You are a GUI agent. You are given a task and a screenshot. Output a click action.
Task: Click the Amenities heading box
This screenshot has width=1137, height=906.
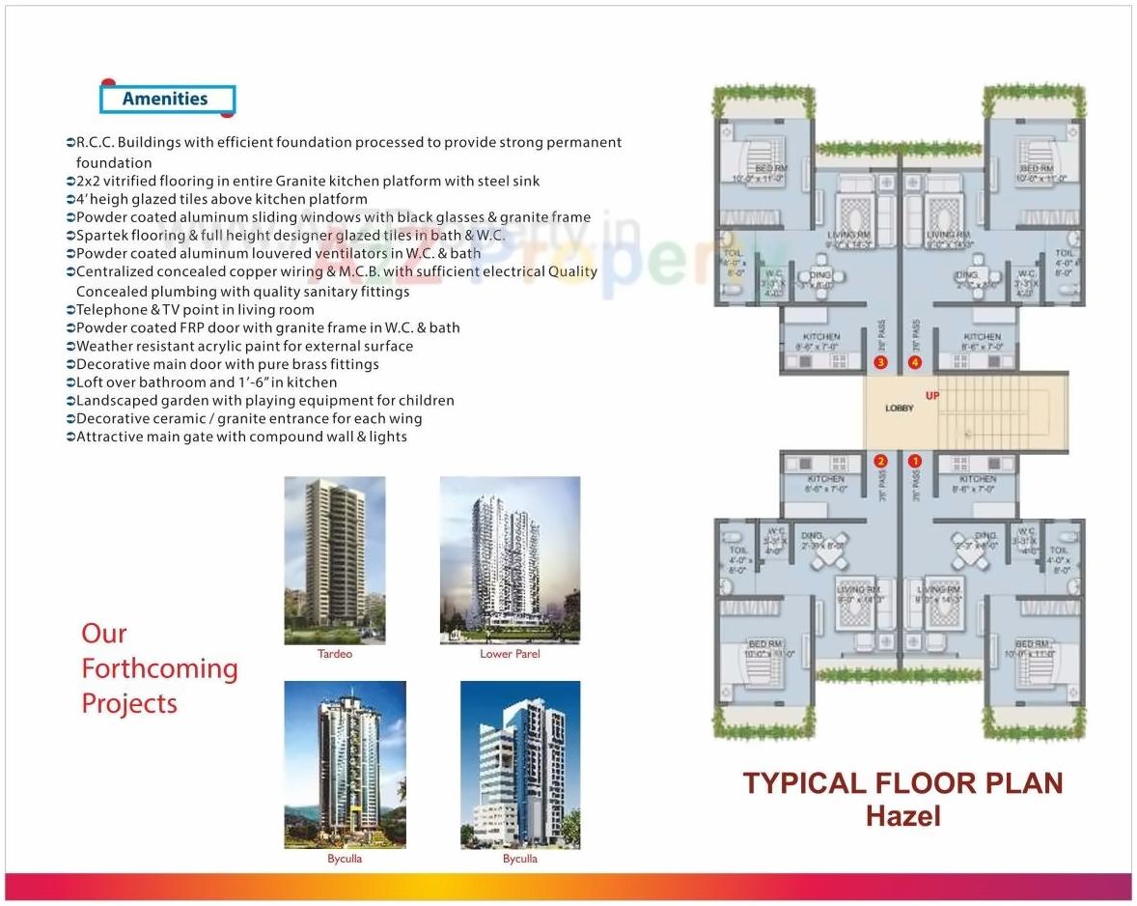click(x=167, y=99)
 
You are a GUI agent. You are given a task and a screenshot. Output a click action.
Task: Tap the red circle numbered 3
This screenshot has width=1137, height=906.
click(x=879, y=362)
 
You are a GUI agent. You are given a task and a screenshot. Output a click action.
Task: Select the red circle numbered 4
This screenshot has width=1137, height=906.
click(x=915, y=362)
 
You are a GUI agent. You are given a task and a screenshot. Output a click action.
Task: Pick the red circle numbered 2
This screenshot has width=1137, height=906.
click(x=880, y=462)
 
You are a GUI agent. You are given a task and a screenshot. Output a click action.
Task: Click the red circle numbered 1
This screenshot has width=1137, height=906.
click(x=914, y=462)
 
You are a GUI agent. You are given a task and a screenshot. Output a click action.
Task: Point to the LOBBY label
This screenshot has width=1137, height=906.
click(x=899, y=409)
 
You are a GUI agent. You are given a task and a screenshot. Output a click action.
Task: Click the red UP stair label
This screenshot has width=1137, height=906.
click(x=931, y=395)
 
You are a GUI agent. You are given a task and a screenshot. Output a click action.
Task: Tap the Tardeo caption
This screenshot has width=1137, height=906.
click(x=335, y=654)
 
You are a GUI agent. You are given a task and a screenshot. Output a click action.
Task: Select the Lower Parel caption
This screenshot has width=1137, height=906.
click(x=510, y=654)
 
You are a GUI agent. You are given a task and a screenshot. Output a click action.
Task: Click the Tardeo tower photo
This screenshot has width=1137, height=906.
click(x=334, y=560)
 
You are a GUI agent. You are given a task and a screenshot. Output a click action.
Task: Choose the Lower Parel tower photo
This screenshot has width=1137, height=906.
click(x=510, y=560)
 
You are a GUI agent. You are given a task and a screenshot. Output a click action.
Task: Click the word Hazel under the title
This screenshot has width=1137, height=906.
click(x=902, y=816)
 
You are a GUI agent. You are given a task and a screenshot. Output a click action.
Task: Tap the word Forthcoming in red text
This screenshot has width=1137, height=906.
click(x=159, y=668)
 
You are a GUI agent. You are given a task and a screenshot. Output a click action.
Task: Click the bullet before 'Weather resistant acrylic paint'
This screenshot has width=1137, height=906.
click(x=70, y=347)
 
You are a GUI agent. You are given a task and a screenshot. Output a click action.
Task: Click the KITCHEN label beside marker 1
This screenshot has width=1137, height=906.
click(x=978, y=479)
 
